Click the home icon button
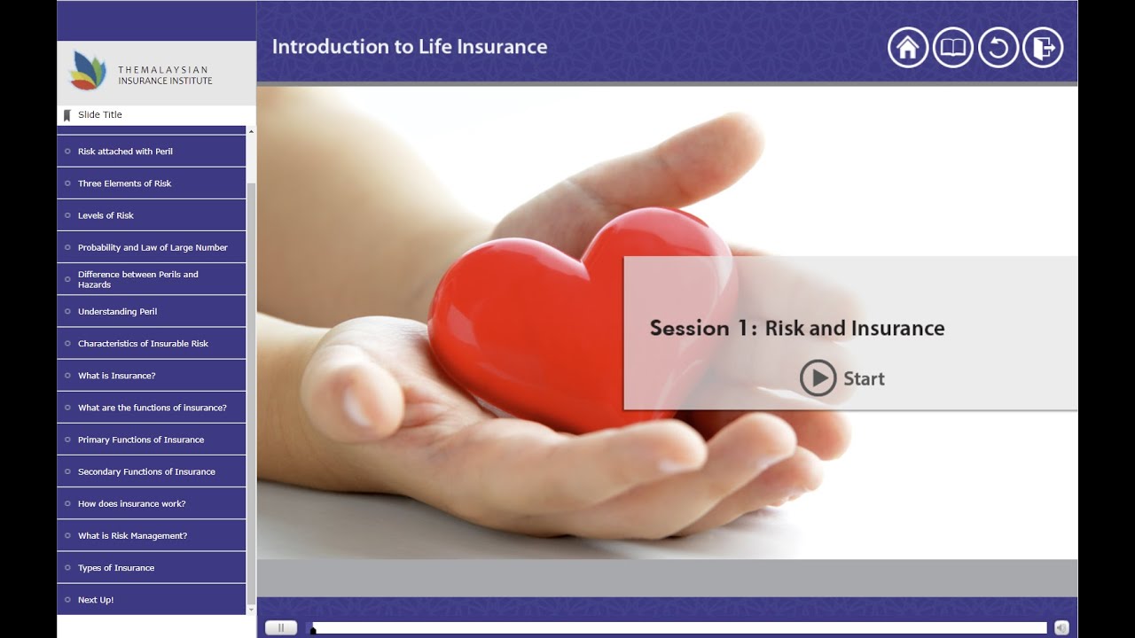pos(908,48)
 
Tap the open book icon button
pos(953,48)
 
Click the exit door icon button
pos(1043,48)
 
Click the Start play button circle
pos(818,378)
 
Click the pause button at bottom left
pos(281,627)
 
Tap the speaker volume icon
pos(1061,627)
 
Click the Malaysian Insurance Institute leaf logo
pos(87,71)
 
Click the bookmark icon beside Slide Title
pos(67,115)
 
